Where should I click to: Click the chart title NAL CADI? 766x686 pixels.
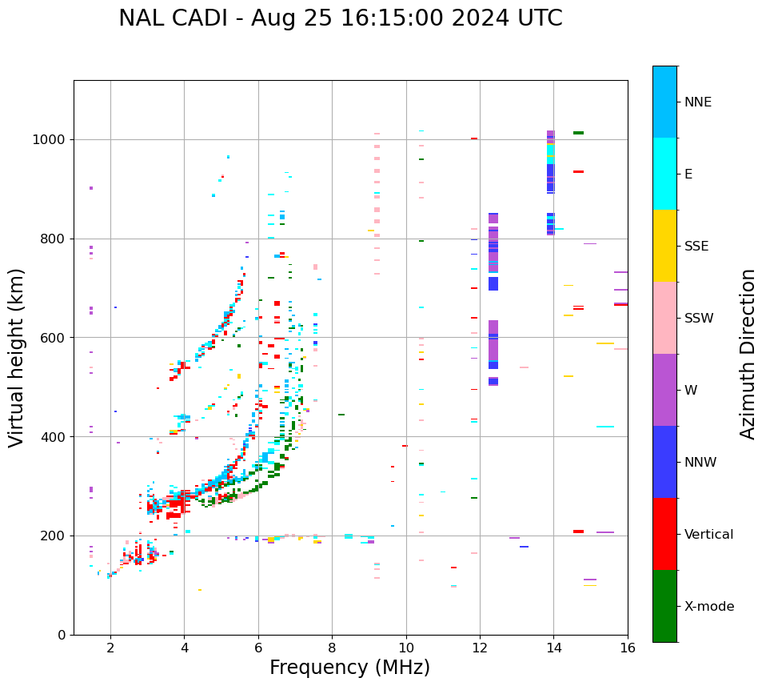pyautogui.click(x=340, y=18)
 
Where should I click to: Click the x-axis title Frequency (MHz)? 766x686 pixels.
pyautogui.click(x=349, y=668)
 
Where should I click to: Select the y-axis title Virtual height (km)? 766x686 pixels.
pyautogui.click(x=17, y=357)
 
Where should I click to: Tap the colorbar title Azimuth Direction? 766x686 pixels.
pyautogui.click(x=748, y=353)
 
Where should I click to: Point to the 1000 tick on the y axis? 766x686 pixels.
pyautogui.click(x=53, y=139)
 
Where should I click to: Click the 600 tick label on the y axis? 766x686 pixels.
pyautogui.click(x=56, y=338)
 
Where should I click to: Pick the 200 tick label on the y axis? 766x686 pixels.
pyautogui.click(x=56, y=536)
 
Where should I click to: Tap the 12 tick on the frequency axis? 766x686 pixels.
pyautogui.click(x=480, y=648)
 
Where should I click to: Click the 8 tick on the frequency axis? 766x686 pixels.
pyautogui.click(x=332, y=648)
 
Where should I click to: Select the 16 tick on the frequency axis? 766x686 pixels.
pyautogui.click(x=628, y=648)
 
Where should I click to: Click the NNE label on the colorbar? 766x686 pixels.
pyautogui.click(x=697, y=102)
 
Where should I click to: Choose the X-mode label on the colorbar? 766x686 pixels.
pyautogui.click(x=708, y=607)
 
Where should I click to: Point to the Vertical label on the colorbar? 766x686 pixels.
pyautogui.click(x=708, y=535)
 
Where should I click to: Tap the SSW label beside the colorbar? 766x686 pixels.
pyautogui.click(x=698, y=319)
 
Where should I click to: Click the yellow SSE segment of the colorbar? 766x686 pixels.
pyautogui.click(x=664, y=246)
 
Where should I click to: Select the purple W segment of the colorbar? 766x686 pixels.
pyautogui.click(x=664, y=390)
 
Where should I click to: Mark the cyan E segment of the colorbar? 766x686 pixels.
pyautogui.click(x=664, y=174)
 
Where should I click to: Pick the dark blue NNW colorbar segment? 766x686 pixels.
pyautogui.click(x=664, y=462)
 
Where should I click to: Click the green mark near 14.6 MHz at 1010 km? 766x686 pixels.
pyautogui.click(x=578, y=133)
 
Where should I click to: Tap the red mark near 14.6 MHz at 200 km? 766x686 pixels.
pyautogui.click(x=578, y=532)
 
